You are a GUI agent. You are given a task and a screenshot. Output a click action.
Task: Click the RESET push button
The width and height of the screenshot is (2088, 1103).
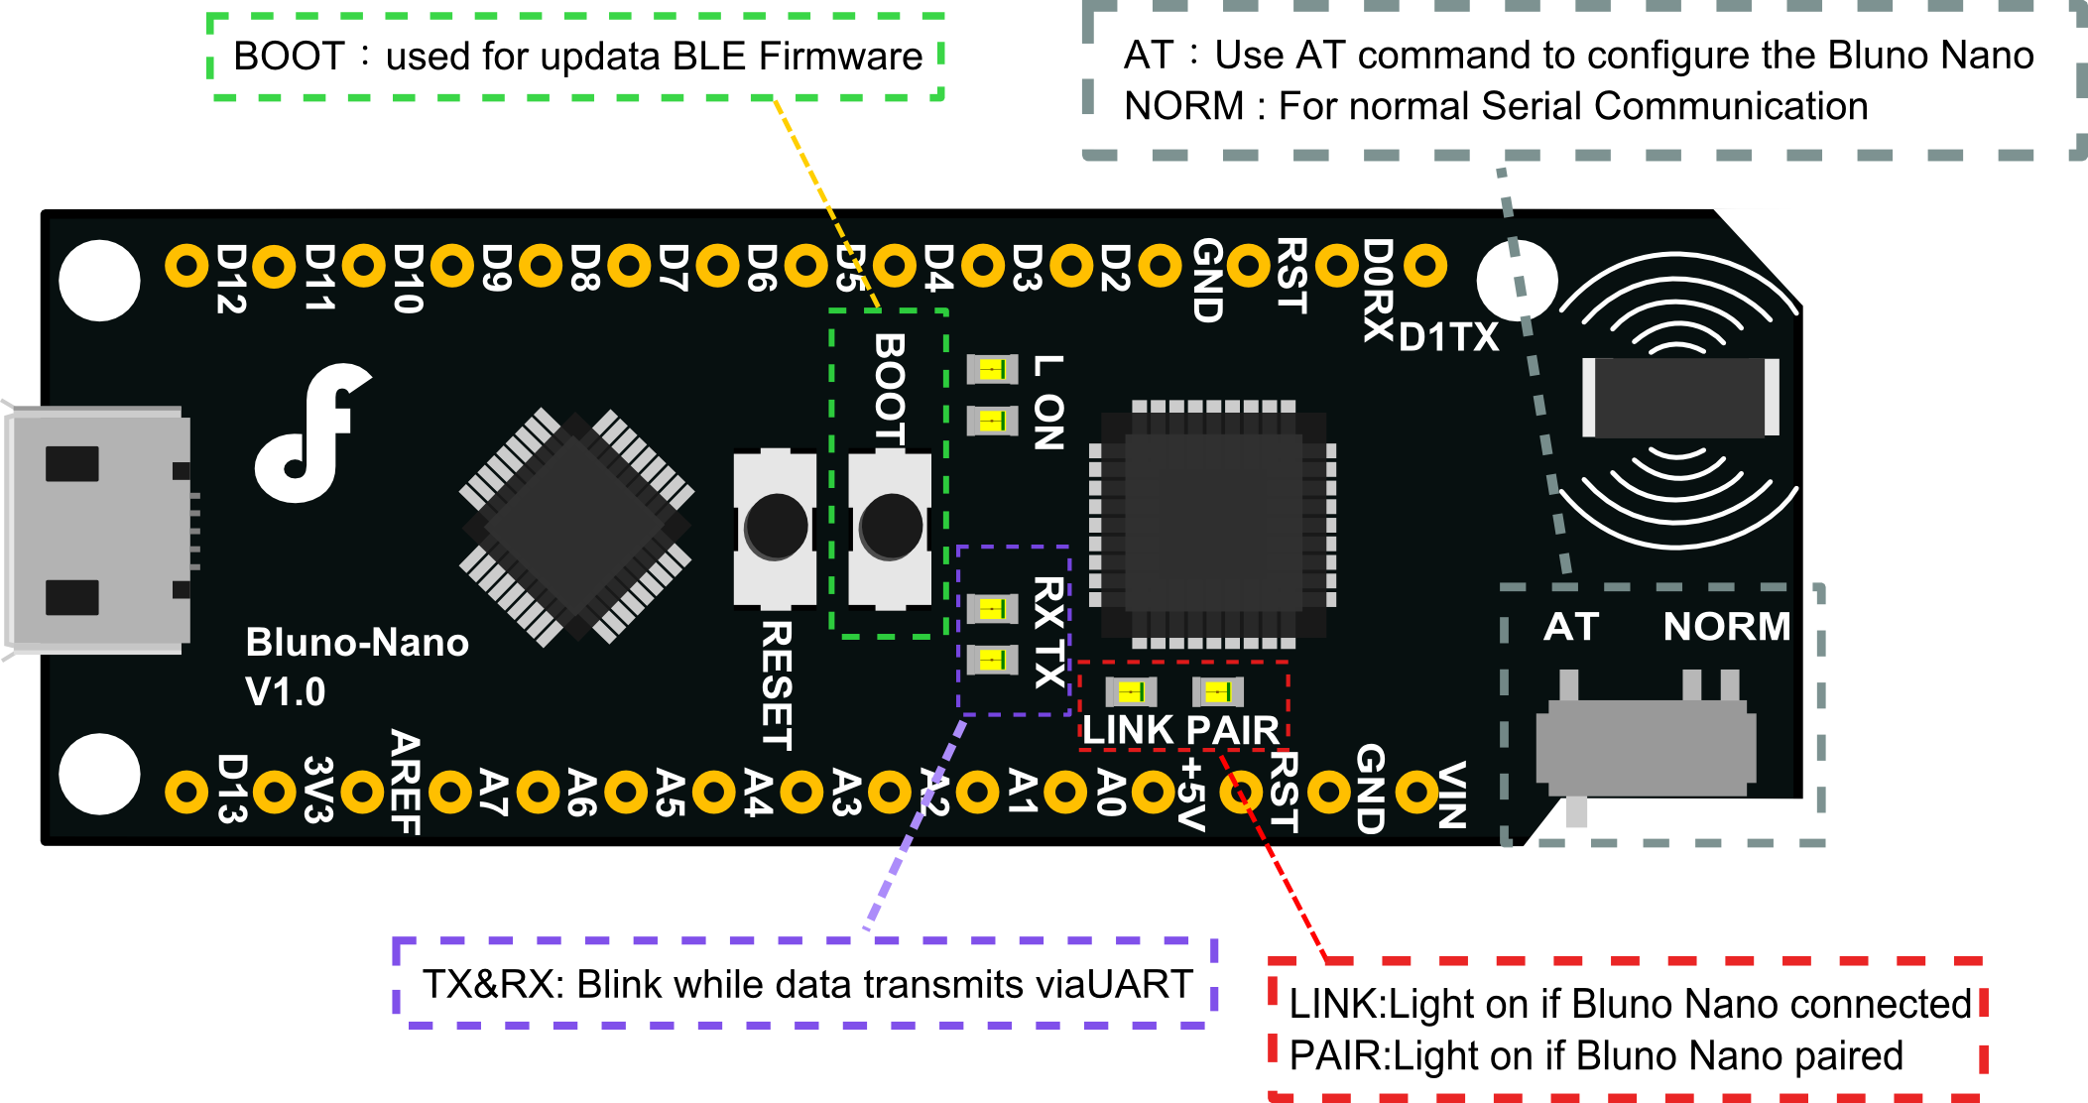pyautogui.click(x=775, y=529)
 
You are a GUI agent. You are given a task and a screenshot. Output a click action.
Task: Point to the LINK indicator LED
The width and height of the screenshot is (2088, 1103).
pyautogui.click(x=1131, y=691)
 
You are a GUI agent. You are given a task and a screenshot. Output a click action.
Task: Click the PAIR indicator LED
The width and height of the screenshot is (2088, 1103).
pyautogui.click(x=1217, y=691)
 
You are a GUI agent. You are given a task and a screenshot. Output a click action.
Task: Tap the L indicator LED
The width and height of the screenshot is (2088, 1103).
pyautogui.click(x=992, y=370)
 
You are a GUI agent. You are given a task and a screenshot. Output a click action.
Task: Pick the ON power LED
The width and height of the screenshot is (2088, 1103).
pyautogui.click(x=992, y=421)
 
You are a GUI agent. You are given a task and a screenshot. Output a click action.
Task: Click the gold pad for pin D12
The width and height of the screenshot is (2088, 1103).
pyautogui.click(x=185, y=266)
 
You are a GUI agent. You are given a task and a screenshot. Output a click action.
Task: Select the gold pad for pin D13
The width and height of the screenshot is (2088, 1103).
pyautogui.click(x=185, y=792)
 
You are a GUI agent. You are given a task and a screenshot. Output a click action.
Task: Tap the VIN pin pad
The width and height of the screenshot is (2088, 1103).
pyautogui.click(x=1416, y=792)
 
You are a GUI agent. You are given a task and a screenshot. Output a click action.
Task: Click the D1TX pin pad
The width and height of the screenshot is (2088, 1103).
pyautogui.click(x=1425, y=266)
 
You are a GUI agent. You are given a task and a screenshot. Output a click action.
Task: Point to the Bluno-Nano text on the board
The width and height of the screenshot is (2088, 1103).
pyautogui.click(x=357, y=643)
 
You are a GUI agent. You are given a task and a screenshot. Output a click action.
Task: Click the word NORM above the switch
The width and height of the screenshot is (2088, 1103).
pyautogui.click(x=1726, y=627)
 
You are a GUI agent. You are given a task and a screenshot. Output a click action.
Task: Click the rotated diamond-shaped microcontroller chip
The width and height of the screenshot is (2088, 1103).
pyautogui.click(x=575, y=527)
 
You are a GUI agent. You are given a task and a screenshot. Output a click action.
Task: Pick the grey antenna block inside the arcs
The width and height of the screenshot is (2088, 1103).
pyautogui.click(x=1680, y=397)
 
